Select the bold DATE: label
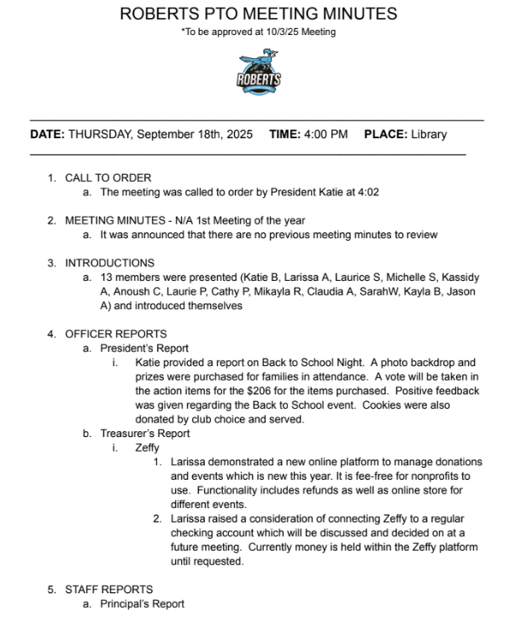[47, 134]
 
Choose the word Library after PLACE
[429, 134]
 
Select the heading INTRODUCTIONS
[110, 263]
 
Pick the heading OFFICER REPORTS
[116, 334]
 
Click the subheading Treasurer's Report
[145, 434]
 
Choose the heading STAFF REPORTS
[109, 589]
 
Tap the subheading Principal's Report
[142, 604]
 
